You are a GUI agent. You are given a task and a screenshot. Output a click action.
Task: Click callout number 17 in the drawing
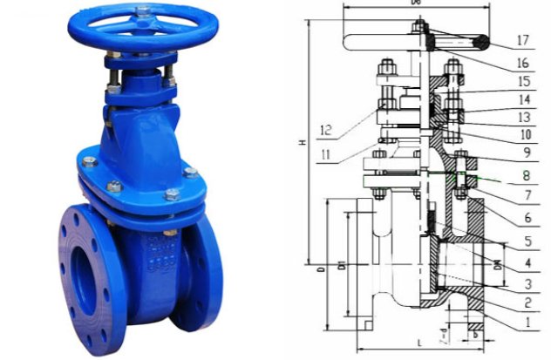click(x=522, y=40)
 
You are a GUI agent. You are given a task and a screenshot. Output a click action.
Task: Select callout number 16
click(x=522, y=63)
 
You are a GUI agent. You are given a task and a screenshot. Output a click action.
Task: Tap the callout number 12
click(x=325, y=131)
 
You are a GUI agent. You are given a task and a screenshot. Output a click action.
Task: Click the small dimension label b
click(x=476, y=333)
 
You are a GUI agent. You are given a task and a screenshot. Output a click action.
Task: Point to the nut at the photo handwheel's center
click(x=142, y=12)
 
